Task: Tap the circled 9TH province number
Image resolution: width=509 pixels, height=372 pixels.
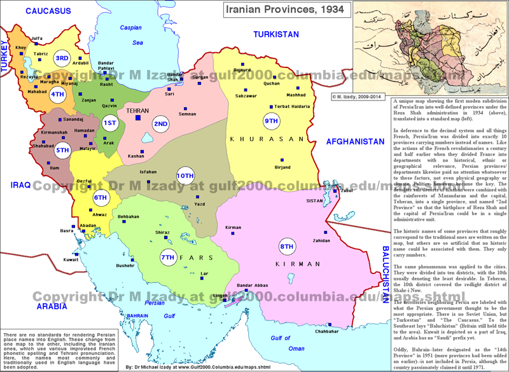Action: (272, 121)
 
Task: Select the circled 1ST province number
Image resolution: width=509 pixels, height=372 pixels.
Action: (109, 123)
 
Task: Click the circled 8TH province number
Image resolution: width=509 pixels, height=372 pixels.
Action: (287, 246)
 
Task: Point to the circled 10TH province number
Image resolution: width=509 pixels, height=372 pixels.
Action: (185, 176)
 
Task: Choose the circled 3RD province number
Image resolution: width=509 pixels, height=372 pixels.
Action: (62, 59)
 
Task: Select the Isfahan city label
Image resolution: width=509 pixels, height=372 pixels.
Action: (148, 172)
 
